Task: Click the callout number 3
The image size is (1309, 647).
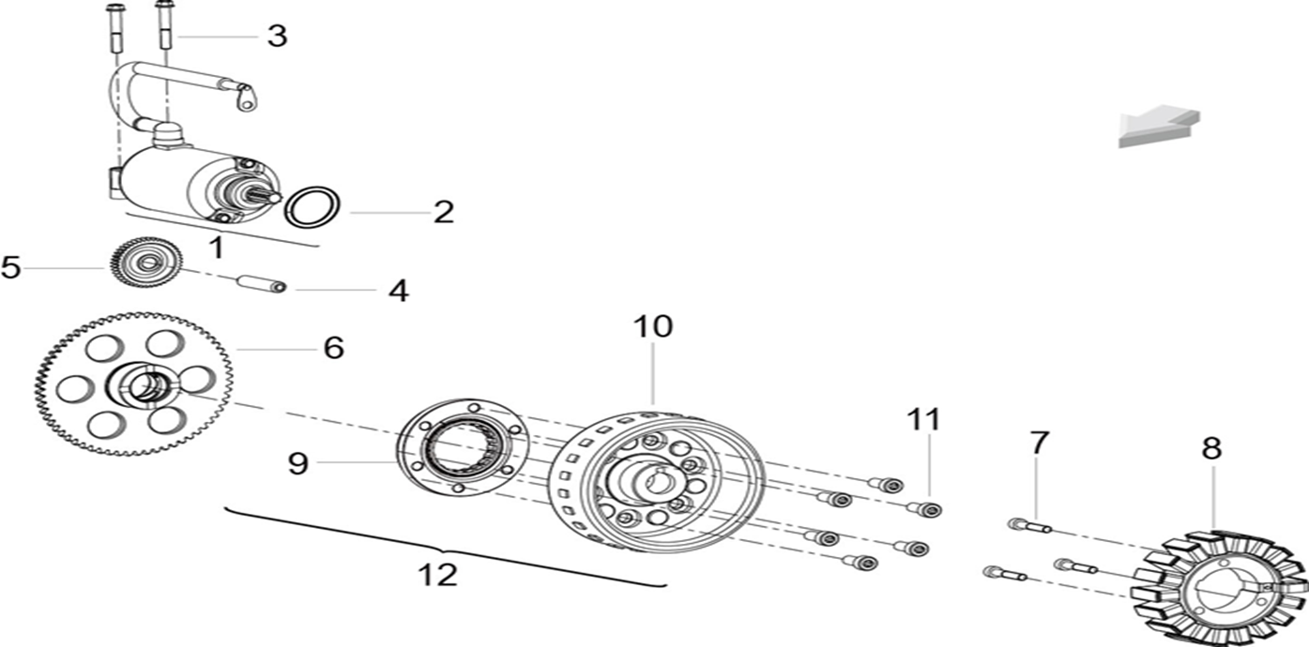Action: click(x=278, y=37)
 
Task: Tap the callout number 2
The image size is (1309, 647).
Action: click(x=444, y=212)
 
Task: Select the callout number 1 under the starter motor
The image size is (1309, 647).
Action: click(x=217, y=248)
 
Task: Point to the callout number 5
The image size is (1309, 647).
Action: click(x=10, y=267)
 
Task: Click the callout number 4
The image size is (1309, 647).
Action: click(x=399, y=291)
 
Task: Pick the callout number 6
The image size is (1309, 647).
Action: click(x=334, y=348)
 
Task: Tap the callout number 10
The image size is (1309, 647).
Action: click(x=653, y=326)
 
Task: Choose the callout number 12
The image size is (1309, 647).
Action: click(x=437, y=575)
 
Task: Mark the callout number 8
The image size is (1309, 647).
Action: click(x=1211, y=448)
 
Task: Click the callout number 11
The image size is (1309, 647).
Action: click(x=924, y=420)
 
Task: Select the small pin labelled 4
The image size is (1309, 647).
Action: click(x=262, y=284)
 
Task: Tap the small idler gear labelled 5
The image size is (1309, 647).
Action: click(x=146, y=263)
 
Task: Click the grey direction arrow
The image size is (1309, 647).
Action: click(x=1158, y=127)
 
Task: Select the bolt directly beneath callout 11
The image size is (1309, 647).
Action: click(x=924, y=510)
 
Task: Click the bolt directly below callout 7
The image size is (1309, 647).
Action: click(x=1029, y=526)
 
